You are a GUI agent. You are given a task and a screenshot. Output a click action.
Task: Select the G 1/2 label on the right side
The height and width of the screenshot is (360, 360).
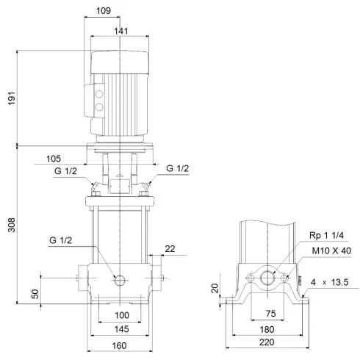pyautogui.click(x=177, y=169)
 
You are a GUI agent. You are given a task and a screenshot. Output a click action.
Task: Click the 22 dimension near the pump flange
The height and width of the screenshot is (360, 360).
pyautogui.click(x=170, y=250)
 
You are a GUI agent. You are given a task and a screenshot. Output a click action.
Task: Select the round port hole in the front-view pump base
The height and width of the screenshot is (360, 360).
pyautogui.click(x=119, y=279)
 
